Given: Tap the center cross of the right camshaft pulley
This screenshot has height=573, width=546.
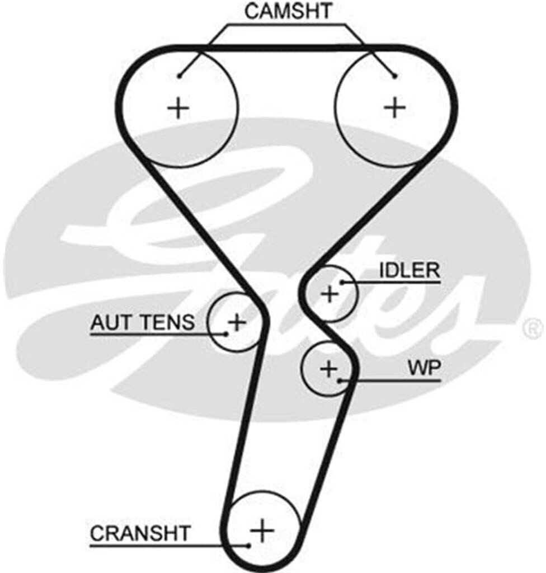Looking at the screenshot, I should pyautogui.click(x=396, y=106).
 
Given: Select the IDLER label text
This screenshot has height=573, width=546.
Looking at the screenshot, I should pyautogui.click(x=409, y=271).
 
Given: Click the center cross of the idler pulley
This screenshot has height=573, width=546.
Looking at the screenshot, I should pyautogui.click(x=330, y=293).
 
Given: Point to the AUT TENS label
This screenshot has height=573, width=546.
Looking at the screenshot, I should pyautogui.click(x=143, y=322).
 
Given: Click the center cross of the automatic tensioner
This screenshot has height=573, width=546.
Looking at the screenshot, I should pyautogui.click(x=237, y=322).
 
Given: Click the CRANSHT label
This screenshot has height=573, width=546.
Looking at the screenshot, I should pyautogui.click(x=140, y=533).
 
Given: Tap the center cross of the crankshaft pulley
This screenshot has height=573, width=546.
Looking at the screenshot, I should pyautogui.click(x=261, y=528).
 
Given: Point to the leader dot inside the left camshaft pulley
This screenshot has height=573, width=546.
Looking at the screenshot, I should pyautogui.click(x=179, y=76).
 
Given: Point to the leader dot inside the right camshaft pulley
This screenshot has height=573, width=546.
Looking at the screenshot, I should pyautogui.click(x=395, y=76).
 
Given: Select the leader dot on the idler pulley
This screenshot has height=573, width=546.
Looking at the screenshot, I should pyautogui.click(x=341, y=283).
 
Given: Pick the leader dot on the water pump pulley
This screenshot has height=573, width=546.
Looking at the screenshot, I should pyautogui.click(x=340, y=381).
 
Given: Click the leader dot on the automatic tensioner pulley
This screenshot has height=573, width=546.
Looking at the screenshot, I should pyautogui.click(x=226, y=335).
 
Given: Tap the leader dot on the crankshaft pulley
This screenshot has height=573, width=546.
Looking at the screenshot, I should pyautogui.click(x=248, y=544).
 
